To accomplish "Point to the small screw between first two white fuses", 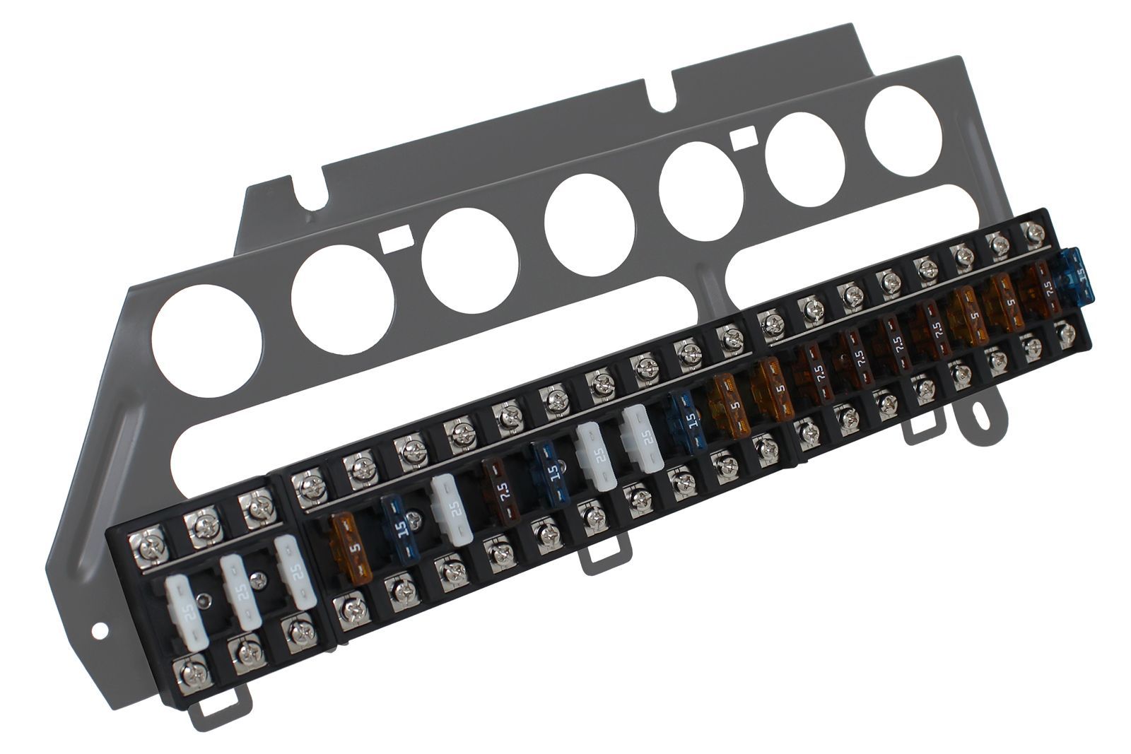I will pos(205,599).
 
